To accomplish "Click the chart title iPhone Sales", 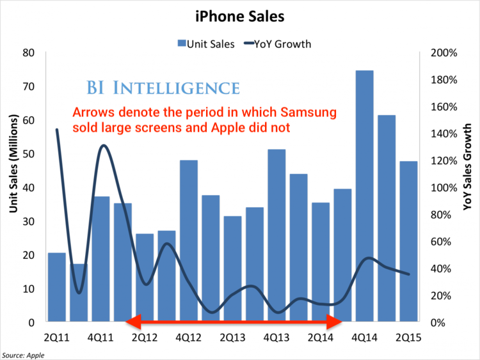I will [240, 14].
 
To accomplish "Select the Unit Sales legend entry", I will [205, 44].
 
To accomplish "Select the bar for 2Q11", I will [57, 287].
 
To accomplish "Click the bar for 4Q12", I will [189, 240].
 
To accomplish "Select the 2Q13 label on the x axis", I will [233, 335].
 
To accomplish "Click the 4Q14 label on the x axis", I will [364, 335].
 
